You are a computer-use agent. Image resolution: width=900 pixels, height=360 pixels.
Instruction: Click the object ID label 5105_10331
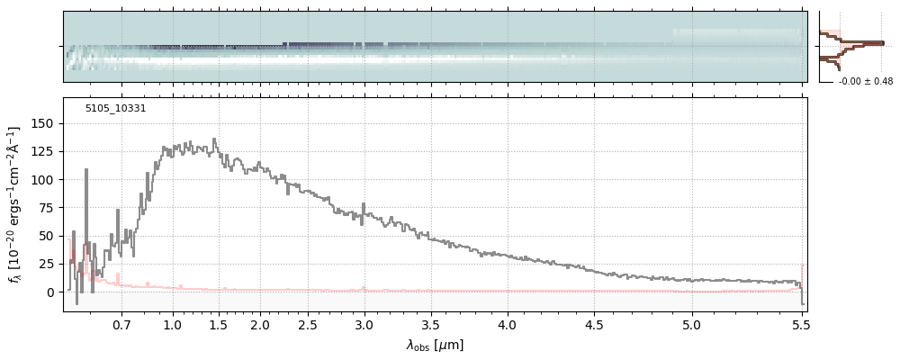point(115,109)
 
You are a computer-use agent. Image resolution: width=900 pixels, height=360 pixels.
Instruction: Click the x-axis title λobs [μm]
point(435,345)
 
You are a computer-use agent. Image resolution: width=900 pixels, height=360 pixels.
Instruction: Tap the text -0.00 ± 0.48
point(865,82)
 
